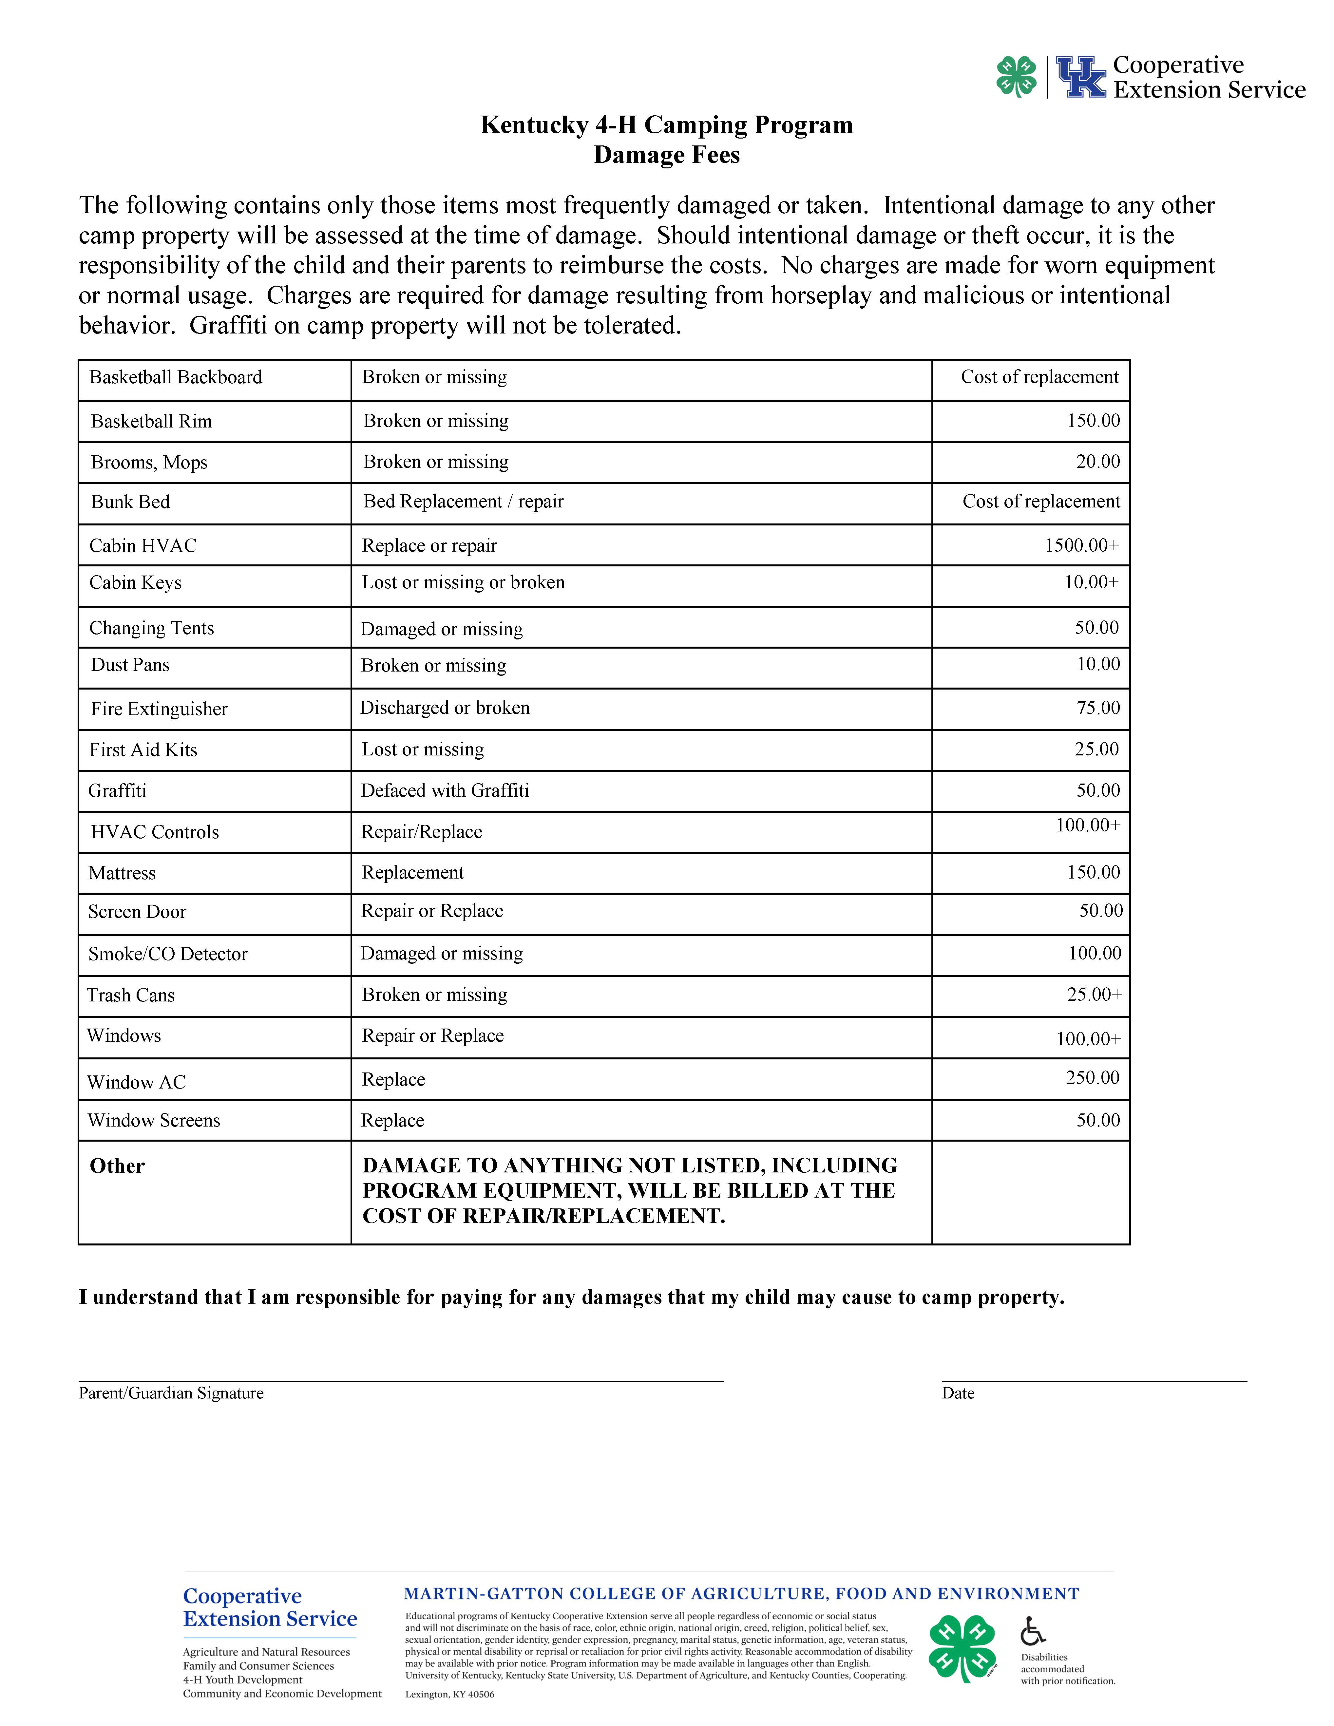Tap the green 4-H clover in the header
pyautogui.click(x=1016, y=77)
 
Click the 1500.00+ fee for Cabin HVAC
pyautogui.click(x=1081, y=545)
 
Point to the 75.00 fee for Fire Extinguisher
pyautogui.click(x=1098, y=707)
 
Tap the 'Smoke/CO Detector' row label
pyautogui.click(x=167, y=954)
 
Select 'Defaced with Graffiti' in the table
pyautogui.click(x=445, y=790)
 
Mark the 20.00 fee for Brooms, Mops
pyautogui.click(x=1098, y=462)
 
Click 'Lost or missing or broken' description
pyautogui.click(x=463, y=582)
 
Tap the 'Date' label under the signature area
pyautogui.click(x=958, y=1393)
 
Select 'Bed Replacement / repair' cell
pyautogui.click(x=463, y=502)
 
